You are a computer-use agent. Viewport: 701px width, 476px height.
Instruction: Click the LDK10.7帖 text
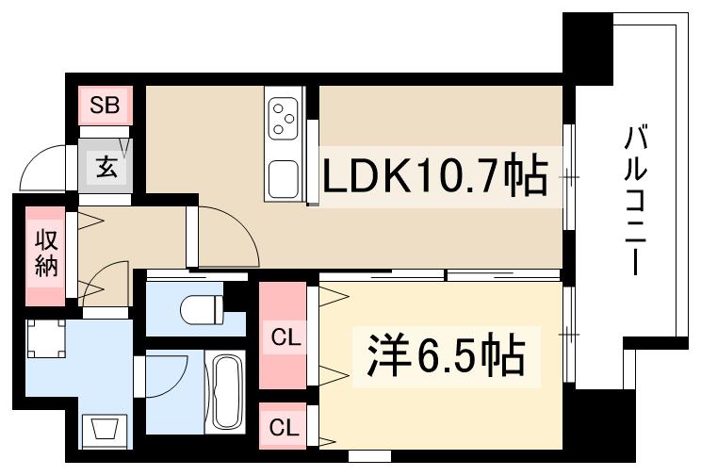tap(435, 176)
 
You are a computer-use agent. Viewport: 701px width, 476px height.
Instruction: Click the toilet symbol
tap(202, 307)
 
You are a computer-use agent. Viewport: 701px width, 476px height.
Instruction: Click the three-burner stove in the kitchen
tap(285, 121)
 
